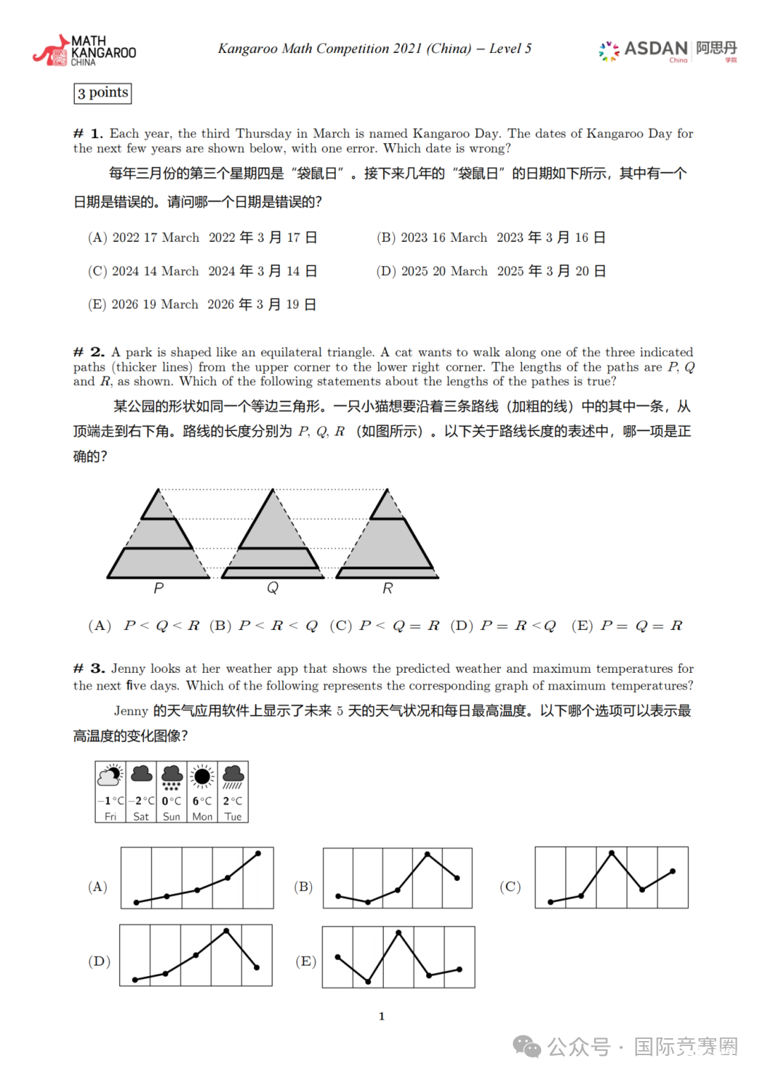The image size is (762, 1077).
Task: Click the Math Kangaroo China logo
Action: (x=84, y=51)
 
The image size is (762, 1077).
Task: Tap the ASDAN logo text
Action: (x=655, y=48)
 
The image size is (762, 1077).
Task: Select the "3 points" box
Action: (x=103, y=93)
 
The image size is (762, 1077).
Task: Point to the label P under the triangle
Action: (x=159, y=588)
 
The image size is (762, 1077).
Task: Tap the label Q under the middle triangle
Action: (x=273, y=588)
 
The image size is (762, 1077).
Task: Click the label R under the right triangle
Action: (x=387, y=588)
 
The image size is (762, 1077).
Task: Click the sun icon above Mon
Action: (x=202, y=777)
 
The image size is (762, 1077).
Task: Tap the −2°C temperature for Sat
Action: (x=141, y=801)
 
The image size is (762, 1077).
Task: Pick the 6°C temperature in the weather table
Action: (x=202, y=801)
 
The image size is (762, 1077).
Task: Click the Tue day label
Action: (x=233, y=817)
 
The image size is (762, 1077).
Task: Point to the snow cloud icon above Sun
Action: (x=171, y=777)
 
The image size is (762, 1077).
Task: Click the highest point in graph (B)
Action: (x=428, y=855)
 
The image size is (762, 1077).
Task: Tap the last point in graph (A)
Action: (x=258, y=853)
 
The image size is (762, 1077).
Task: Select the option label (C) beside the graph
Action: (x=510, y=887)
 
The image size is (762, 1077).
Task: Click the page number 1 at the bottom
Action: (x=382, y=1016)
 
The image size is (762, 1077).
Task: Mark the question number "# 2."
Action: (x=90, y=352)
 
